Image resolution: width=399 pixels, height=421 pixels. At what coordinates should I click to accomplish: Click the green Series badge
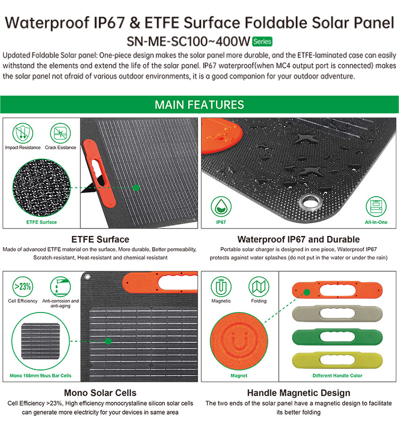[262, 41]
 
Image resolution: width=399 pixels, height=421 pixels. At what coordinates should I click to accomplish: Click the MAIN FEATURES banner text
[199, 105]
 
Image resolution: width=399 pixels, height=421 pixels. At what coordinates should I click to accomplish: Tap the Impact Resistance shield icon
[23, 133]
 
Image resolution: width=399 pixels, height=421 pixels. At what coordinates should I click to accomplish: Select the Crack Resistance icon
[61, 133]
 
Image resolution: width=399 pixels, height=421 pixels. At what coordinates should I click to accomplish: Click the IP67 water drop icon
[221, 207]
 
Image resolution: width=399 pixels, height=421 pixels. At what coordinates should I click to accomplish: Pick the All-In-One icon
[376, 207]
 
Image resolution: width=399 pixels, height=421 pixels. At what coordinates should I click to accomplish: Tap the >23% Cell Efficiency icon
[23, 287]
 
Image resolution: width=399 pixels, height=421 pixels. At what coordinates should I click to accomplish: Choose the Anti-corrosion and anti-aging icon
[61, 287]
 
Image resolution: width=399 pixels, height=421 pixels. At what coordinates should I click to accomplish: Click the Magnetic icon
[221, 287]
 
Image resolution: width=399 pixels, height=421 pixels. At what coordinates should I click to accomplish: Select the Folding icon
[259, 287]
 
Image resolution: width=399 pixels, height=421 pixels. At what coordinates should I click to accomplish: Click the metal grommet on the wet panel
[311, 203]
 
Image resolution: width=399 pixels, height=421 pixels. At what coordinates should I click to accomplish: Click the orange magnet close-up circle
[239, 341]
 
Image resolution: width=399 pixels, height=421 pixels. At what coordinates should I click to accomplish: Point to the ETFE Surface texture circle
[41, 188]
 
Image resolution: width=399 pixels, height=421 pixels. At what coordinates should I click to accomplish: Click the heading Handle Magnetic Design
[298, 393]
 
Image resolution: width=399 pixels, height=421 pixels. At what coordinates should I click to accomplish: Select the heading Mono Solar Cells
[100, 393]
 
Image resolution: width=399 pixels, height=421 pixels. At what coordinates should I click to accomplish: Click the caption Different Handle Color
[337, 376]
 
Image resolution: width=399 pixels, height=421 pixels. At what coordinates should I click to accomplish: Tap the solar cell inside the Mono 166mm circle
[40, 341]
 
